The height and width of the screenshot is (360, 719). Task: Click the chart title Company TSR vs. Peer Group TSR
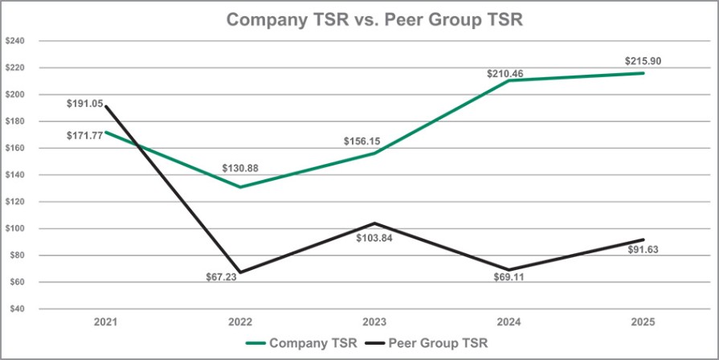(374, 20)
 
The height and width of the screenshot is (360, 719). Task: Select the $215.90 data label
(643, 61)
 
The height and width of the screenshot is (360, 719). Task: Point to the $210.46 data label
(505, 73)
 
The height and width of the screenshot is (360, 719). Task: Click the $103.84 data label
(375, 238)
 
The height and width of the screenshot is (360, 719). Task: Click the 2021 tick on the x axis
(105, 321)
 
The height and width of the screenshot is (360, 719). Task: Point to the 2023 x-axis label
(374, 321)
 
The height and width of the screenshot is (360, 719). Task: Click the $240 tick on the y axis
(18, 41)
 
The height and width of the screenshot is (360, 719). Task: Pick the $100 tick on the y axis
(18, 228)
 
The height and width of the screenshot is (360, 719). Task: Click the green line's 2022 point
(240, 187)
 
